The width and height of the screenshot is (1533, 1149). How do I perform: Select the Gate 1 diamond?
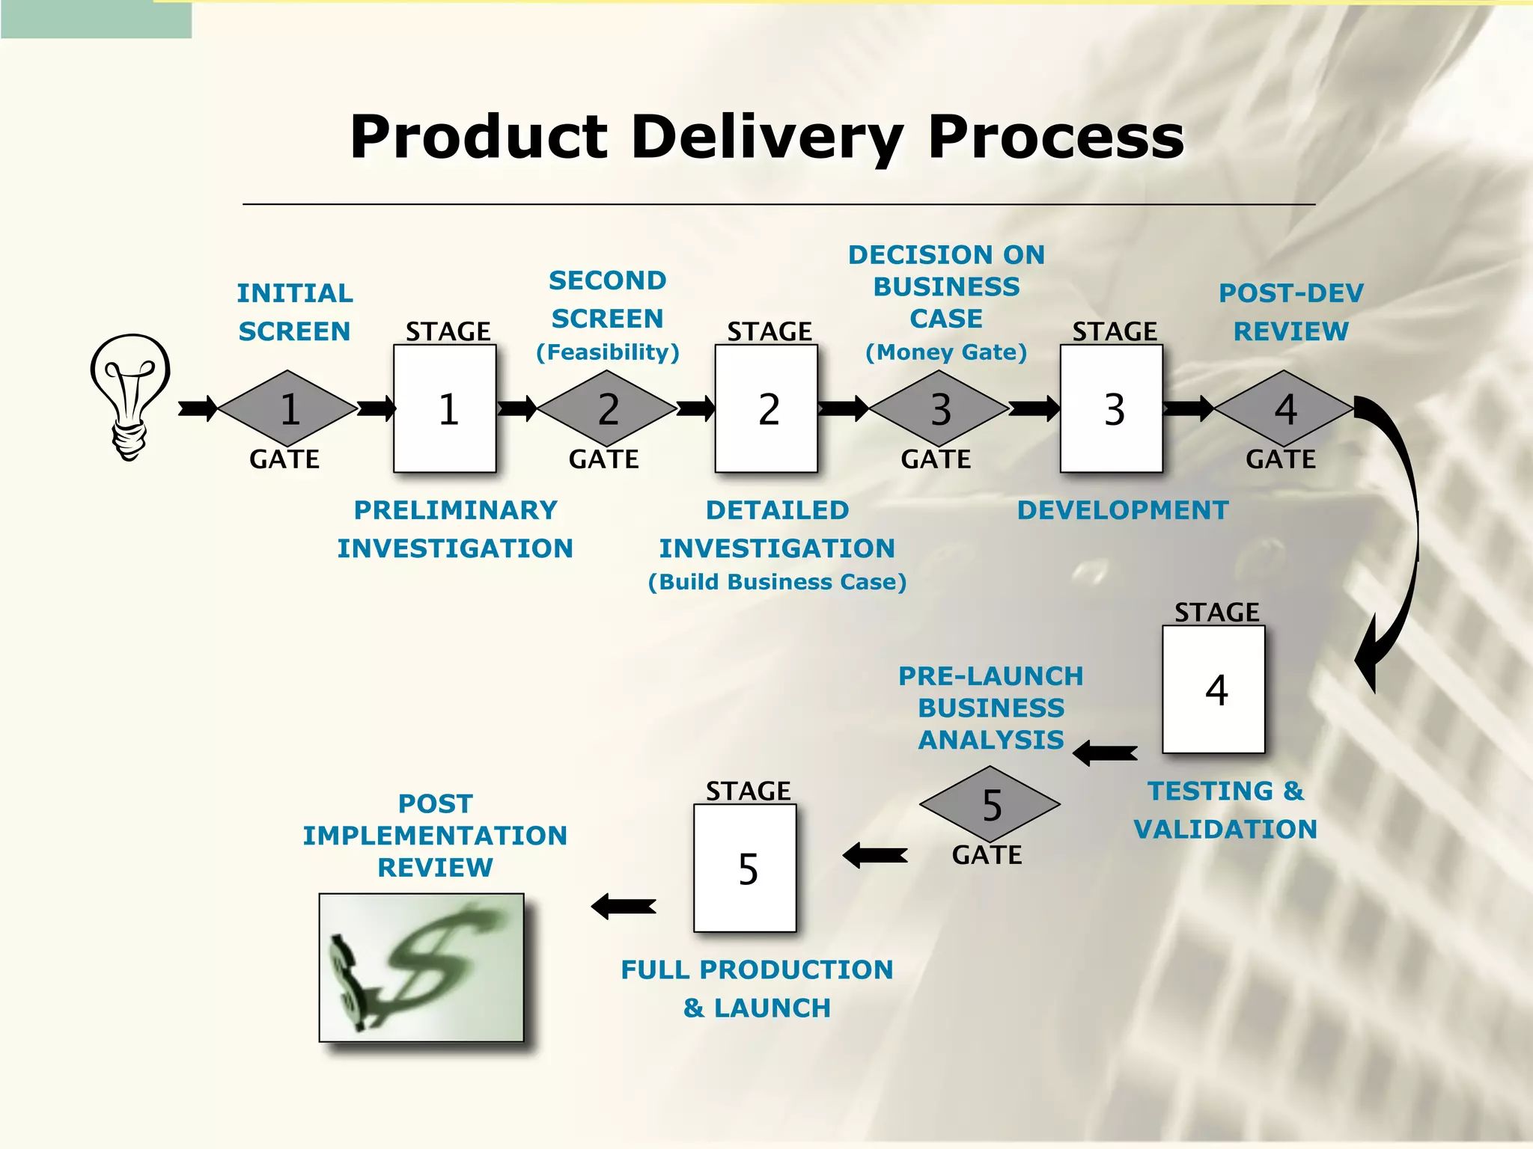288,408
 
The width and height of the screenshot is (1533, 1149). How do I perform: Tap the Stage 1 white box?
445,408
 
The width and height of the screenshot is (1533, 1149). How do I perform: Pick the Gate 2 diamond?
607,408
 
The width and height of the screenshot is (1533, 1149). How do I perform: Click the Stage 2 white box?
766,408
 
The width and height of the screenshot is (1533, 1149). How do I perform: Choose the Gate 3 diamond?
939,408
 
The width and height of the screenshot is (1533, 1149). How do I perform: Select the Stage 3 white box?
1112,408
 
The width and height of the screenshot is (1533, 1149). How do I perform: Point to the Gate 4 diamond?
1284,408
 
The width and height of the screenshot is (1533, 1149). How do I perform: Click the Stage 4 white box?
1213,689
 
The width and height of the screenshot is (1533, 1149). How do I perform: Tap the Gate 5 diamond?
990,804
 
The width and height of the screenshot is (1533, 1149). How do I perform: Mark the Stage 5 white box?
745,868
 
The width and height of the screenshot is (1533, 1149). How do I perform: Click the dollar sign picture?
421,967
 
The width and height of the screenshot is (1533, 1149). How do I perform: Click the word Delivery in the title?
766,138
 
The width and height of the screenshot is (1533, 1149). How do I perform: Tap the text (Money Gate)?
946,352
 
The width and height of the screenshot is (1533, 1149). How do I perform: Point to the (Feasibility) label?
608,352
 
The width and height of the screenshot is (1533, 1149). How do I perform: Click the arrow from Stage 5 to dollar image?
624,906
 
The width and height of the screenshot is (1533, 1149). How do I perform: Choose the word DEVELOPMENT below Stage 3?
1122,510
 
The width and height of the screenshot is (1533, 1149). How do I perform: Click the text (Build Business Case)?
777,582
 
